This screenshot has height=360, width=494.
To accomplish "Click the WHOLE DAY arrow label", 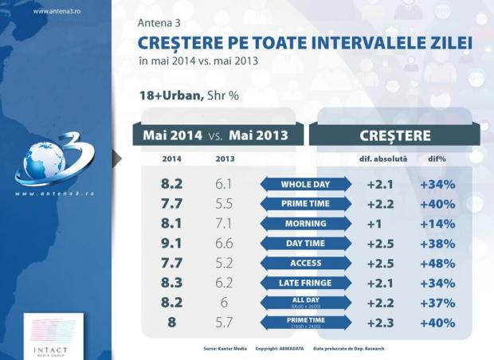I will (x=306, y=184).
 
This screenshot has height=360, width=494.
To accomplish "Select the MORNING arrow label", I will (x=306, y=224).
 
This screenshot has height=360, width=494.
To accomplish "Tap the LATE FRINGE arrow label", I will (x=306, y=283).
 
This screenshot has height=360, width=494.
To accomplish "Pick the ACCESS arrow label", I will (x=306, y=263).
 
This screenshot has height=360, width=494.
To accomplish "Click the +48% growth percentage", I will (x=437, y=263).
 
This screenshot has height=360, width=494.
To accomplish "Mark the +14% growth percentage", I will (x=437, y=224).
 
